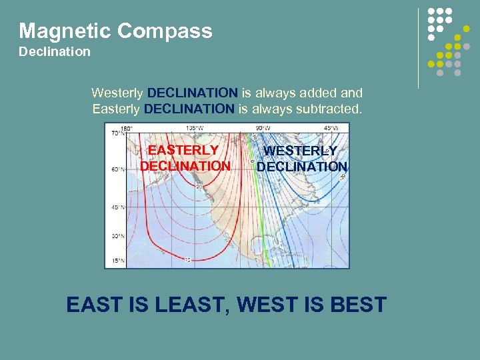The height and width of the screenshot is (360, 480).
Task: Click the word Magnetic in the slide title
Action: coord(65,31)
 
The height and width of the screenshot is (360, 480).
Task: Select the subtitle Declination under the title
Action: coord(55,51)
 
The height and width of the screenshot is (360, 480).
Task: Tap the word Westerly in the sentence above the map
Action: coord(117,93)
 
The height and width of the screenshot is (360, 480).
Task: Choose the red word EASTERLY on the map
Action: coord(183,151)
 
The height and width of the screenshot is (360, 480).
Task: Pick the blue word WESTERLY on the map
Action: coord(301,151)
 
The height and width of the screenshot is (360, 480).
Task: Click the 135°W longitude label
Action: coord(195,128)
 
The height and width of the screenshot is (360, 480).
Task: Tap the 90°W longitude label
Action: coord(262,128)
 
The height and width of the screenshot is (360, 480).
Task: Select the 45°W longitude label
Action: coord(331,128)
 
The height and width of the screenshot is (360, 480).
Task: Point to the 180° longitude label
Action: coord(126,128)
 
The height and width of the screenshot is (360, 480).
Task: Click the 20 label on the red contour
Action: coord(199,187)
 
